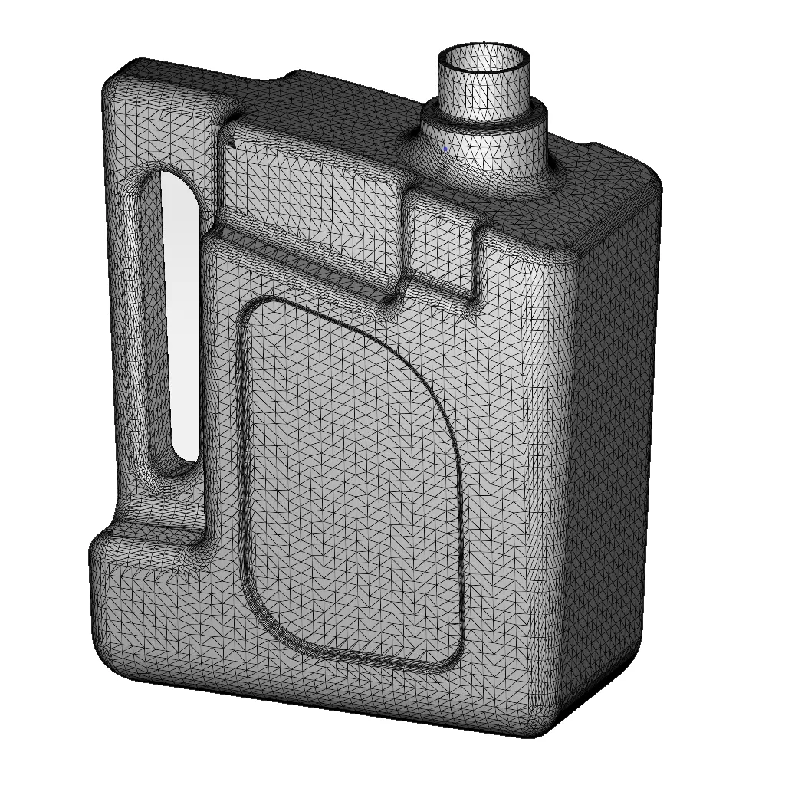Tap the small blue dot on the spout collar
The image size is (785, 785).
click(x=445, y=149)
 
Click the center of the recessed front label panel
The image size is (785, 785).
click(x=353, y=483)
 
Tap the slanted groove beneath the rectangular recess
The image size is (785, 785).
click(x=307, y=264)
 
